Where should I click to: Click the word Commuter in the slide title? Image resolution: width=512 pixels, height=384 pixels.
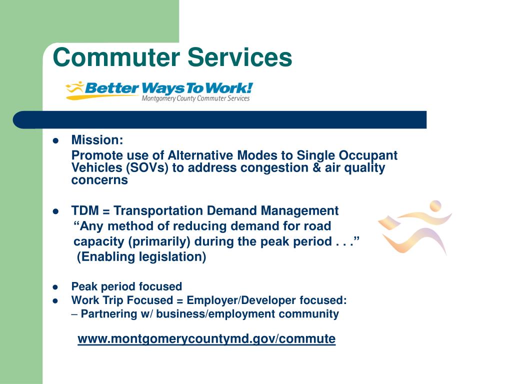[x=116, y=57]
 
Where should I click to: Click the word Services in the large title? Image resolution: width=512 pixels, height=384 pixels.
[x=239, y=57]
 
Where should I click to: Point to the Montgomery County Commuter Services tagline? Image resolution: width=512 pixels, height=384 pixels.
[x=195, y=98]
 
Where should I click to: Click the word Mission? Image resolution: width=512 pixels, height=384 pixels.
[x=97, y=139]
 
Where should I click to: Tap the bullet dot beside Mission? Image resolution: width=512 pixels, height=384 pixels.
[x=56, y=140]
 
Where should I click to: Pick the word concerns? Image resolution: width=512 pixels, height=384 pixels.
[x=99, y=180]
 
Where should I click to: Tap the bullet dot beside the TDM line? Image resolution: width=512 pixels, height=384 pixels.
[x=56, y=211]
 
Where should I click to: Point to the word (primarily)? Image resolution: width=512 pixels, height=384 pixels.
[x=159, y=242]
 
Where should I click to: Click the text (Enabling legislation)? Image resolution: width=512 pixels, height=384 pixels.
[x=141, y=257]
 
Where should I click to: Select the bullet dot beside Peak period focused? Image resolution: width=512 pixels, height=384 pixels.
[x=56, y=287]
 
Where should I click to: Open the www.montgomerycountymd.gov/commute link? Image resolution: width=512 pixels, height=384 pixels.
[x=206, y=339]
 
